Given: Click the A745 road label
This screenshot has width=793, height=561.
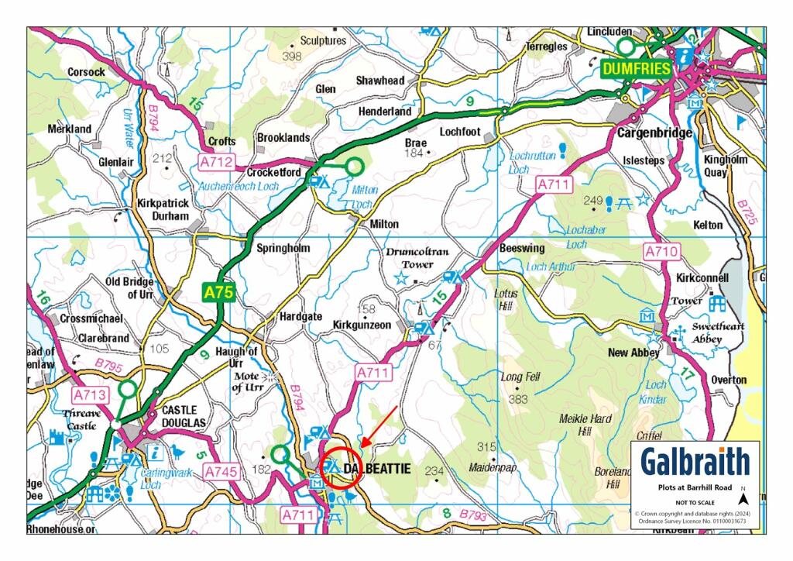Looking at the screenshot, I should (x=221, y=471).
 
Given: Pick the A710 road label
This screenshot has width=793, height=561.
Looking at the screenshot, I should (x=661, y=252).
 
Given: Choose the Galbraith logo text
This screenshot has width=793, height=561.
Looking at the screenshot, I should (x=695, y=462).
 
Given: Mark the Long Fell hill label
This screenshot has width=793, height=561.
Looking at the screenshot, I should (x=520, y=377).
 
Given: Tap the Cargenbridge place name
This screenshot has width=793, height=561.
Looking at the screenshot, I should (x=654, y=133).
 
